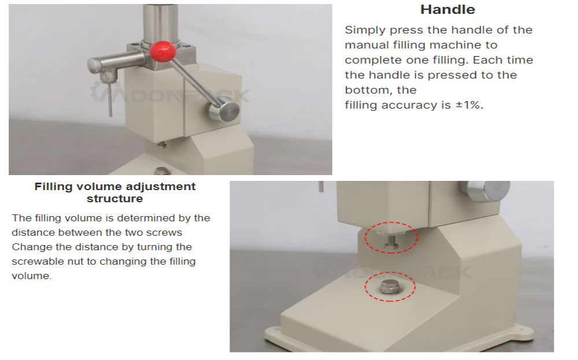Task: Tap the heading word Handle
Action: tap(447, 10)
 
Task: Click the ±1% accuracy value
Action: tap(469, 105)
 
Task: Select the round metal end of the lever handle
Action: tap(224, 109)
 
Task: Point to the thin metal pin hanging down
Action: tap(110, 99)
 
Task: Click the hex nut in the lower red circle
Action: tap(390, 286)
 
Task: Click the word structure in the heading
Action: tap(114, 199)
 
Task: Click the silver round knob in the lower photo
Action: tap(484, 190)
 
